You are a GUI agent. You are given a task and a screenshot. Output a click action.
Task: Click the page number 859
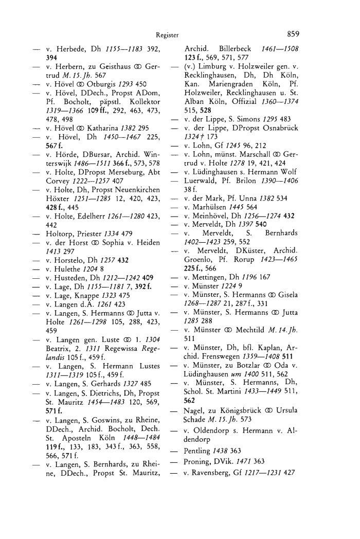coord(293,34)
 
